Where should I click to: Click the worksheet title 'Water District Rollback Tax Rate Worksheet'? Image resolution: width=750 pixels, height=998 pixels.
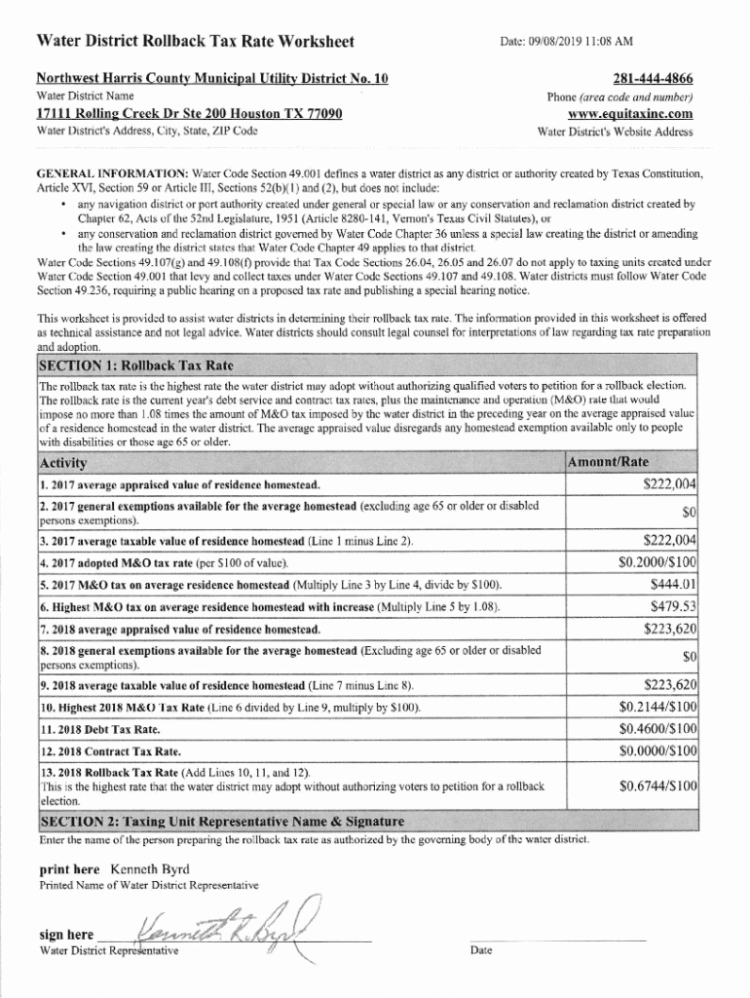(195, 42)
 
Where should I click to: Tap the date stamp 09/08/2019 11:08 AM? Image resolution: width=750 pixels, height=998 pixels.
(566, 42)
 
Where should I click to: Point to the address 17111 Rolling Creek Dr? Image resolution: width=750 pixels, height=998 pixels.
(189, 113)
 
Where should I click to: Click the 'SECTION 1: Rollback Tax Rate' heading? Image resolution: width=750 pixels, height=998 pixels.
(135, 366)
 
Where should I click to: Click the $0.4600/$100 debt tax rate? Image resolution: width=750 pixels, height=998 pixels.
(657, 729)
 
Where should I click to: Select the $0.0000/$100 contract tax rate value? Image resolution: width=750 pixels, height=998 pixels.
(657, 751)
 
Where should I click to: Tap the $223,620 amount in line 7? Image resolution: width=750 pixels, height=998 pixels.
(669, 629)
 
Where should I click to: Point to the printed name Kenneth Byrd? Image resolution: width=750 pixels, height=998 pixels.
(150, 868)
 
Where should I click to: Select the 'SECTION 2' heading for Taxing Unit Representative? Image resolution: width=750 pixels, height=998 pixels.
(220, 821)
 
